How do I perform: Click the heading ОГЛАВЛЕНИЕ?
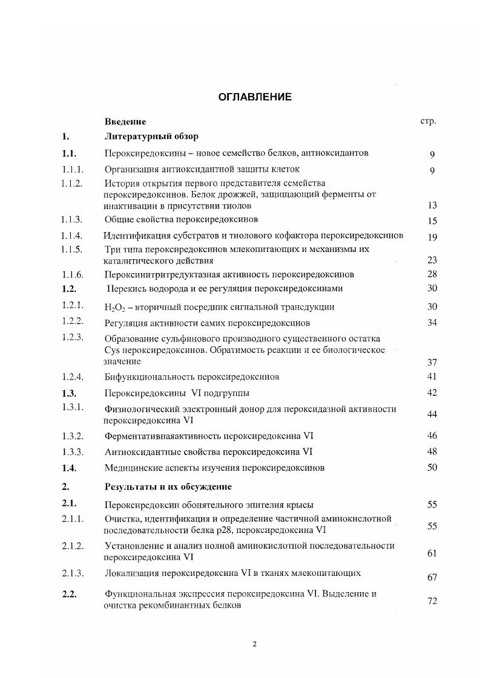click(x=254, y=97)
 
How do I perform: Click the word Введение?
click(x=125, y=121)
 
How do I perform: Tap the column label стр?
click(x=428, y=121)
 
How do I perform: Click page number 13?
click(x=432, y=205)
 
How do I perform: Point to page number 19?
click(x=432, y=237)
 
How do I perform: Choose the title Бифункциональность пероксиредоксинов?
click(x=192, y=377)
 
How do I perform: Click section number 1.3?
click(x=68, y=393)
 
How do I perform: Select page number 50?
click(x=432, y=467)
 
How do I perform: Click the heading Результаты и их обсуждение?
click(x=168, y=486)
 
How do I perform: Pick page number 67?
click(x=432, y=578)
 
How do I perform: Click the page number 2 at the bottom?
click(x=254, y=644)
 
